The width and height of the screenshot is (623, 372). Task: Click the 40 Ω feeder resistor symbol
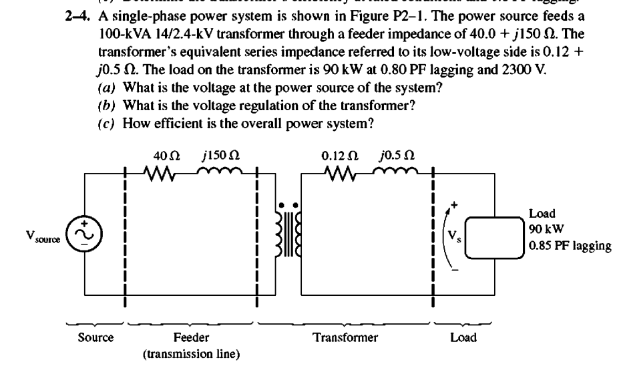(161, 176)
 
